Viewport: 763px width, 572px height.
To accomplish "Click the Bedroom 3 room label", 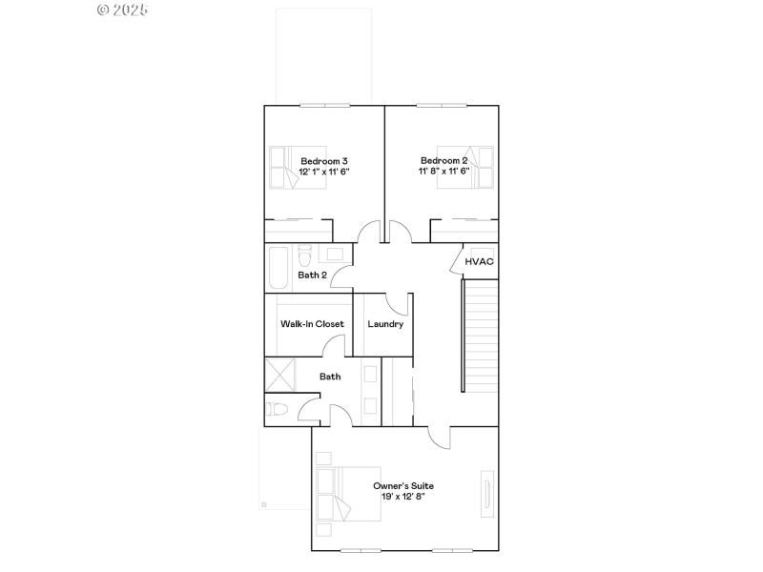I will pyautogui.click(x=324, y=160).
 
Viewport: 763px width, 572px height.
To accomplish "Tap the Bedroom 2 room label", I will pyautogui.click(x=444, y=160).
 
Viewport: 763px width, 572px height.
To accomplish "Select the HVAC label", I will pyautogui.click(x=479, y=261).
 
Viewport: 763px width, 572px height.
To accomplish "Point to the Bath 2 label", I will pyautogui.click(x=313, y=276).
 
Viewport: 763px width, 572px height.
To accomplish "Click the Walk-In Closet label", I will pyautogui.click(x=312, y=324).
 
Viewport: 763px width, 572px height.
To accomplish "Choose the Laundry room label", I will pyautogui.click(x=385, y=324).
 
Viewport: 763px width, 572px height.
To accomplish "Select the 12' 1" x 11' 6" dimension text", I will pyautogui.click(x=324, y=172).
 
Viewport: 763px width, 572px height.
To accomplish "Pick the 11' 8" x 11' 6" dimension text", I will pyautogui.click(x=444, y=172).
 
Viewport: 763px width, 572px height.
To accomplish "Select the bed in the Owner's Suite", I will pyautogui.click(x=347, y=493).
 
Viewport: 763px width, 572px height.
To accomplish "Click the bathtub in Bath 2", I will pyautogui.click(x=278, y=267).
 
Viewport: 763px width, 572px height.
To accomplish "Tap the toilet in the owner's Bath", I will pyautogui.click(x=278, y=410).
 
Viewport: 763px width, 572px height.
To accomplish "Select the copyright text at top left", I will pyautogui.click(x=123, y=10).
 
